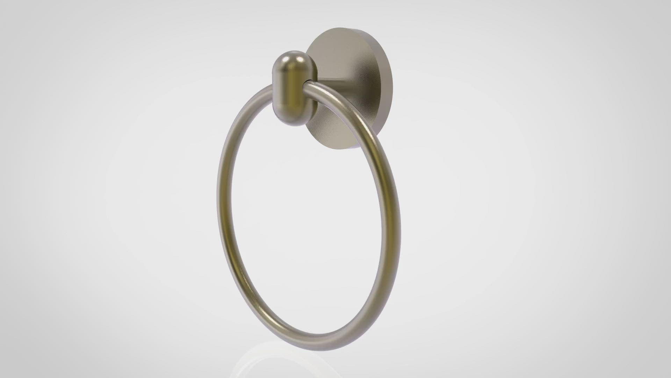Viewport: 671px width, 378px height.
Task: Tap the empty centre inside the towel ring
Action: [x=308, y=217]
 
